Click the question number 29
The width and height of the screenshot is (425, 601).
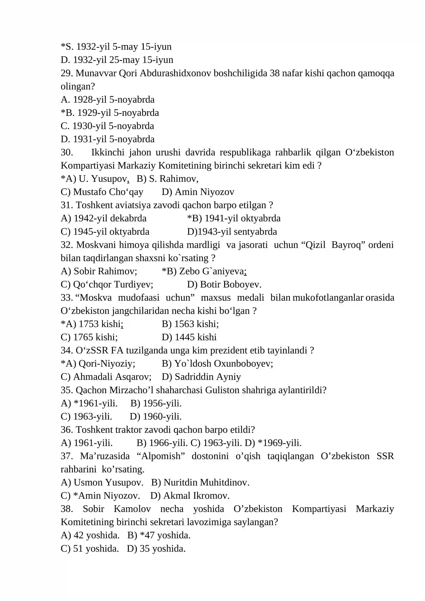[x=66, y=73]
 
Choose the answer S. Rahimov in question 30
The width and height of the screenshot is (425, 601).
[x=173, y=179]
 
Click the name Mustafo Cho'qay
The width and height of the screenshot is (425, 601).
[x=108, y=192]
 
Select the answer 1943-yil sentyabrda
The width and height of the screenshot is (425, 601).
[x=237, y=232]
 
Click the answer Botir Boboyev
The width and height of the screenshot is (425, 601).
[x=230, y=285]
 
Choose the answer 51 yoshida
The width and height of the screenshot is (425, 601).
[x=96, y=549]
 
